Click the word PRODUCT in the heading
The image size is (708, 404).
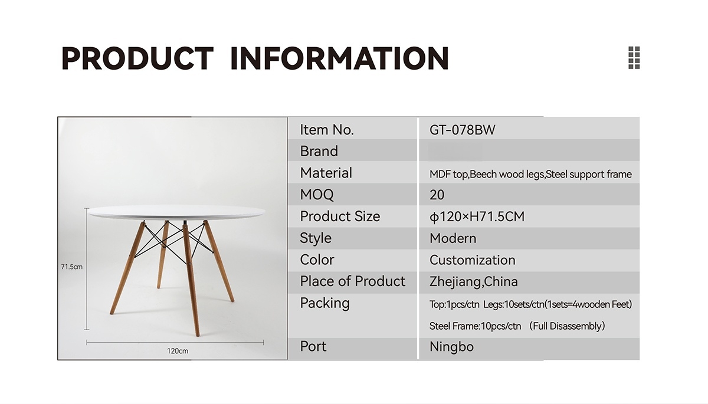[137, 58]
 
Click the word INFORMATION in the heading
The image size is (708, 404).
[340, 58]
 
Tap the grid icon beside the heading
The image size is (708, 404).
[634, 57]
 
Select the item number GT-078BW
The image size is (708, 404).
[462, 130]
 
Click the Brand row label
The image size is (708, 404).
[319, 151]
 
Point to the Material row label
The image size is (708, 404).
[326, 173]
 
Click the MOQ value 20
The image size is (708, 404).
[437, 195]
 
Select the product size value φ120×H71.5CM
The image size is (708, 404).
[477, 216]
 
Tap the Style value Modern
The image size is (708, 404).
[453, 238]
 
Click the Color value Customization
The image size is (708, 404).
[472, 260]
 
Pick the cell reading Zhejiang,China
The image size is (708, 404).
[473, 282]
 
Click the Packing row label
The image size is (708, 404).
[324, 303]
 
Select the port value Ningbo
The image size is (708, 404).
[451, 347]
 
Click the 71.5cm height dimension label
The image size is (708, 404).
[72, 267]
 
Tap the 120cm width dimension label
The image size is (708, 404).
[178, 351]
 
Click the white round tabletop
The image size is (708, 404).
[176, 212]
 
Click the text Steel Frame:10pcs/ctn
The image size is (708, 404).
[475, 326]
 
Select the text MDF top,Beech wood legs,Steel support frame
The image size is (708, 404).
[530, 174]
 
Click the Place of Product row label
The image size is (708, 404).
[352, 281]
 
